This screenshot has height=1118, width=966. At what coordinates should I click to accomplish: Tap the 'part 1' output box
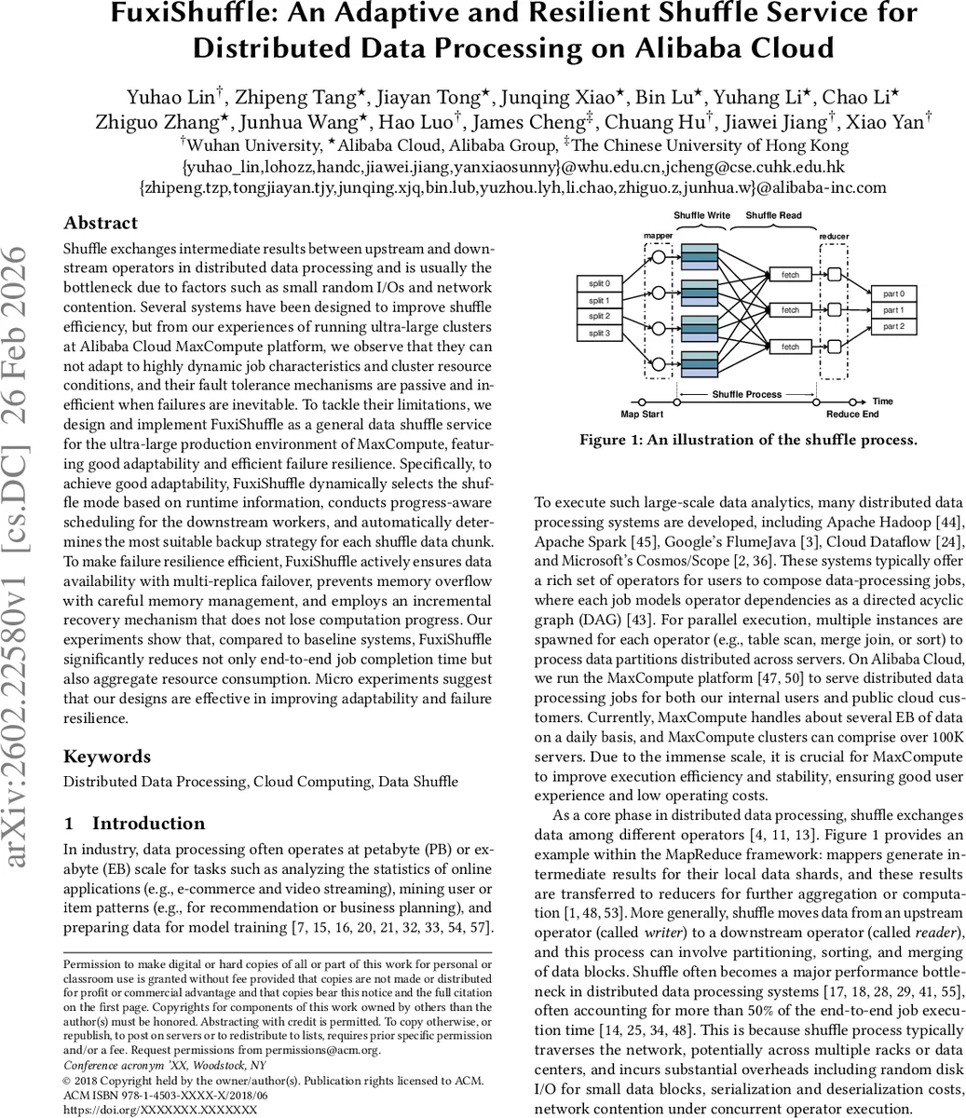(894, 310)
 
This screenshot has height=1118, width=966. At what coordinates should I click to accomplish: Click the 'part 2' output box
(894, 326)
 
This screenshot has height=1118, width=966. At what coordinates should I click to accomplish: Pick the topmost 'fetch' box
(790, 275)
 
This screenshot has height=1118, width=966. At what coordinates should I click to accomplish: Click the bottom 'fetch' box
(790, 347)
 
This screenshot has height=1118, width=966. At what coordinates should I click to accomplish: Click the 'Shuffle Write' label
(701, 215)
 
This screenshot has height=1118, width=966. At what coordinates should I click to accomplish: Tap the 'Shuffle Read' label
(773, 215)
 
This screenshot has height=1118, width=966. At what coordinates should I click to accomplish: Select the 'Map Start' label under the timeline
(643, 415)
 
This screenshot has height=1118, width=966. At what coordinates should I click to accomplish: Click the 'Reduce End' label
(852, 415)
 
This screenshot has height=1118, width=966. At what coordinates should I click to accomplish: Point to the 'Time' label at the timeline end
(882, 402)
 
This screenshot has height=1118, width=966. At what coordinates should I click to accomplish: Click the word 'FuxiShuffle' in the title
(191, 14)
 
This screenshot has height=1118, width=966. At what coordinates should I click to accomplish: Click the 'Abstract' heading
(101, 223)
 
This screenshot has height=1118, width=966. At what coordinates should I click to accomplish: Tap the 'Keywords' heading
(106, 757)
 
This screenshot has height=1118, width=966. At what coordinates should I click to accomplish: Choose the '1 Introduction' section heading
(134, 824)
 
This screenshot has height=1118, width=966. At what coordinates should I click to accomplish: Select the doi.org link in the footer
(159, 1111)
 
